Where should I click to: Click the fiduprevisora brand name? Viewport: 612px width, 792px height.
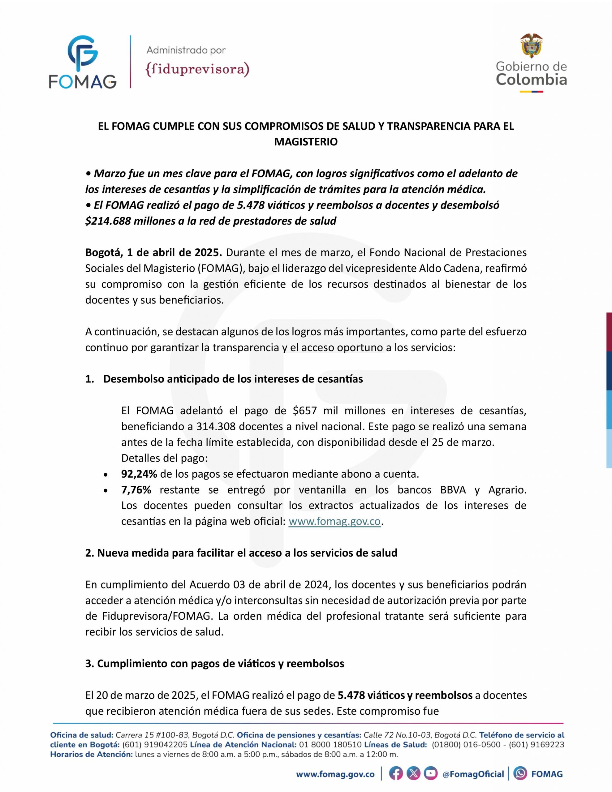click(x=197, y=69)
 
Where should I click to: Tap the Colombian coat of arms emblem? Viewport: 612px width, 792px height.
click(x=531, y=46)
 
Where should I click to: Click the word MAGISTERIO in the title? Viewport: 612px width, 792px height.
click(x=305, y=142)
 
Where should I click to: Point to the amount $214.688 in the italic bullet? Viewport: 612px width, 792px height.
click(x=108, y=221)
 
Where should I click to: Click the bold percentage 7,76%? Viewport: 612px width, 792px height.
click(x=136, y=490)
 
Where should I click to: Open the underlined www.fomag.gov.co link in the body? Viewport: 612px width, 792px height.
click(x=334, y=522)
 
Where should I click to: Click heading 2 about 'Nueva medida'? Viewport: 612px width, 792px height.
click(x=241, y=553)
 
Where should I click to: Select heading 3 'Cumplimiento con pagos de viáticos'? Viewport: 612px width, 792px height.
click(x=215, y=664)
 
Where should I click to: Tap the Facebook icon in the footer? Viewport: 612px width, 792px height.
click(x=395, y=773)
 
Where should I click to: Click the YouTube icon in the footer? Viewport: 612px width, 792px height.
click(x=430, y=773)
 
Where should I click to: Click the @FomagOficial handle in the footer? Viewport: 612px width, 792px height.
click(x=473, y=774)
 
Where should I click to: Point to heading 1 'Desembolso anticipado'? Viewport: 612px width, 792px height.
click(x=233, y=379)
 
